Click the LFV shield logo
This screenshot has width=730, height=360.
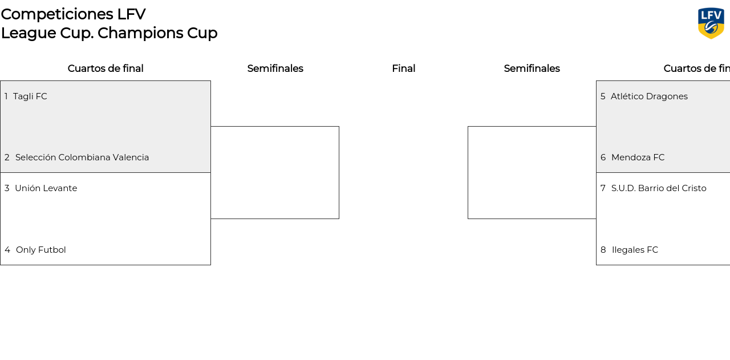(711, 23)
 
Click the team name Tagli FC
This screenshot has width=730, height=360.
(30, 96)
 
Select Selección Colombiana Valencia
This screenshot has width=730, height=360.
(82, 157)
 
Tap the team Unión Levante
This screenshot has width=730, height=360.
(46, 188)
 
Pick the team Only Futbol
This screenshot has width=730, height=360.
(41, 250)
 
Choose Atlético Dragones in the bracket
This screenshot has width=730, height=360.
(649, 96)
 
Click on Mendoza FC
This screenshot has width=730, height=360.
(638, 157)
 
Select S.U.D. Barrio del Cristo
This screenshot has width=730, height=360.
(659, 188)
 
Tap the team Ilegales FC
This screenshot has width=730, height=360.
(635, 250)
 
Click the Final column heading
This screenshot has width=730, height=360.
(403, 68)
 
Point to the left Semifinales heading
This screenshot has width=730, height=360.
(275, 68)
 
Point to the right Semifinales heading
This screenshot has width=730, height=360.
(532, 68)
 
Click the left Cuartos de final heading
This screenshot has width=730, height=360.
(106, 68)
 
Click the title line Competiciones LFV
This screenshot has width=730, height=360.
(73, 14)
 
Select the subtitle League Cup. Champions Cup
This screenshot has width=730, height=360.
(109, 33)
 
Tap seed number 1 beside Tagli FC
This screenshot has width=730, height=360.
(6, 96)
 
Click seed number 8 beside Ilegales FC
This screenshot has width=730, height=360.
(603, 250)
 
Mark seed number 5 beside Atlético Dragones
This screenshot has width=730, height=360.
(603, 96)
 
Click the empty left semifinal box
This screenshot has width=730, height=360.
(275, 172)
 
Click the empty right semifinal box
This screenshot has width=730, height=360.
(532, 172)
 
